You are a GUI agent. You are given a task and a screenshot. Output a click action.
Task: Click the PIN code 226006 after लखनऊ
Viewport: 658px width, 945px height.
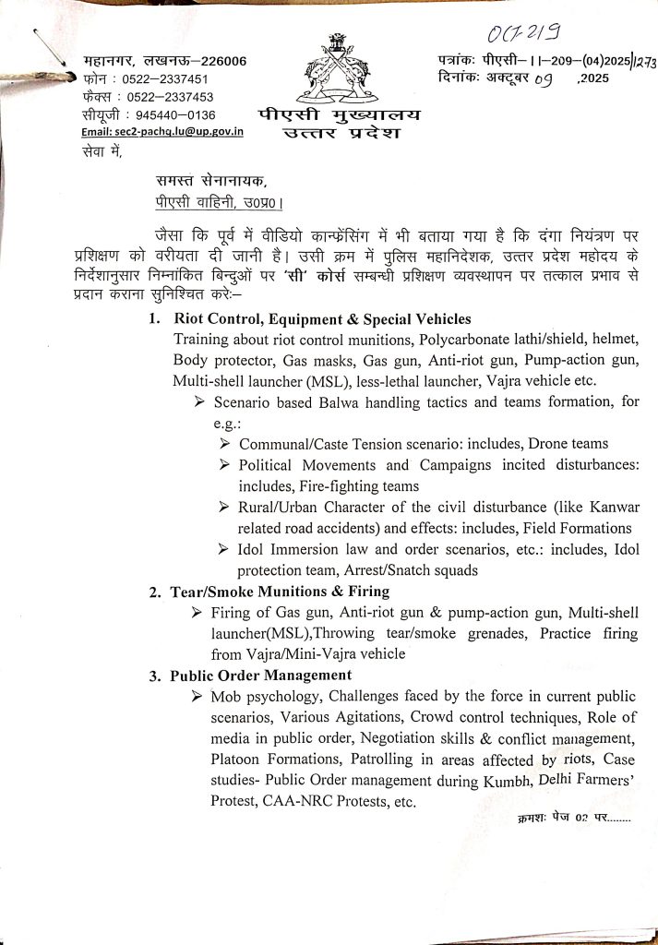pyautogui.click(x=218, y=62)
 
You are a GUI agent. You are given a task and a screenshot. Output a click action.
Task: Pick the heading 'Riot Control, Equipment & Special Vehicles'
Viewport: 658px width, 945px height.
pyautogui.click(x=321, y=319)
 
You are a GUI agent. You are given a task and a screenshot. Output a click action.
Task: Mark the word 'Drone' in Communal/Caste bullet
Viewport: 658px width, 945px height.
pyautogui.click(x=552, y=444)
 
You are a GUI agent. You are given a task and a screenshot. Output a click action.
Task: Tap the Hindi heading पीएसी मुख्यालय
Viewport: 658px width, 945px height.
pyautogui.click(x=337, y=115)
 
